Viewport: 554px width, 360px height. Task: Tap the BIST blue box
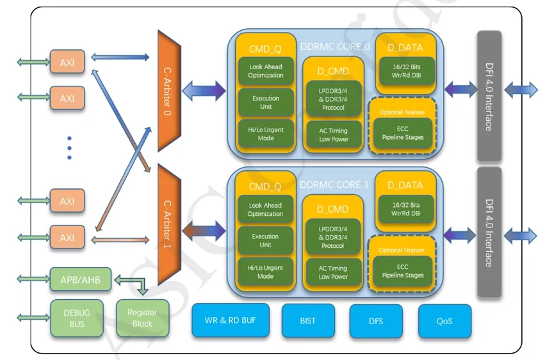307,320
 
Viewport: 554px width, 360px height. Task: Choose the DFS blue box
376,320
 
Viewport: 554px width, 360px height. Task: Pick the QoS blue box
444,320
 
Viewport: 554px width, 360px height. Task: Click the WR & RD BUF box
230,320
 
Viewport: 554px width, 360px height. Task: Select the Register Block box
142,318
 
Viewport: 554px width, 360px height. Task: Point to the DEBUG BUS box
77,318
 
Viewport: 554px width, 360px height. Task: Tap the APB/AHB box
76,279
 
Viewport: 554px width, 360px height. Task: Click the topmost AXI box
67,63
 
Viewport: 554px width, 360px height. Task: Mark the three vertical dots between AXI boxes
69,148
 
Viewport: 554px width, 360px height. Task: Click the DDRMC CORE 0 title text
335,47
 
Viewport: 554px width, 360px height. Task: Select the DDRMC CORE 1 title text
335,185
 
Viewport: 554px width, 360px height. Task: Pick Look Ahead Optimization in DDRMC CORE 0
265,71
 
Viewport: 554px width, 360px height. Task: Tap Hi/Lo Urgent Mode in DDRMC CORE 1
265,272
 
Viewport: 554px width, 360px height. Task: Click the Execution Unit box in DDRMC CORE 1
265,241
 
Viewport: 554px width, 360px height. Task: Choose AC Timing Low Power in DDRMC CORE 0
333,135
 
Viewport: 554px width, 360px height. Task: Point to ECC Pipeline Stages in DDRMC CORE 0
403,133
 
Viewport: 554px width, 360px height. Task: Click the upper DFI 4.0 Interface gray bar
489,96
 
